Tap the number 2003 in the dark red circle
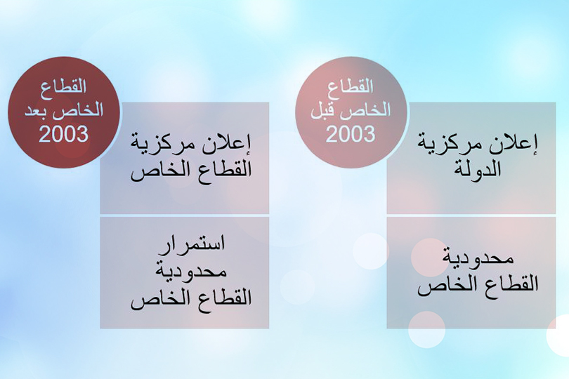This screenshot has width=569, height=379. point(63,133)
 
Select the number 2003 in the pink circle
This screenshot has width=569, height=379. point(351,133)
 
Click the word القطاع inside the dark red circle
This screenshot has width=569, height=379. point(64,87)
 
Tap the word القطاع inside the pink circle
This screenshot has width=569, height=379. point(351,87)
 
